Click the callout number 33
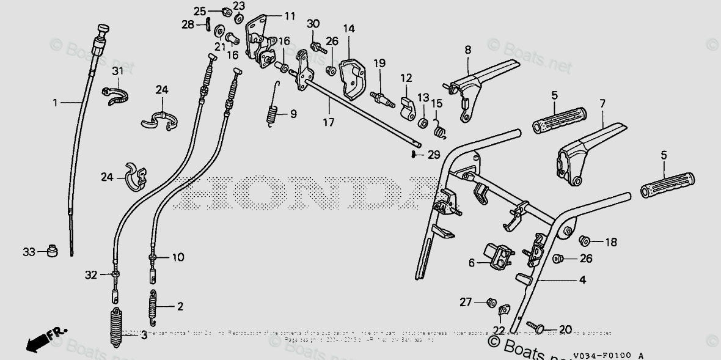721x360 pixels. click(x=28, y=251)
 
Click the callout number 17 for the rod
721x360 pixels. click(x=329, y=122)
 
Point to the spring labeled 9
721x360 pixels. click(x=274, y=114)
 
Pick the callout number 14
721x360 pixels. click(x=348, y=29)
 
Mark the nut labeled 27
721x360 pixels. click(x=490, y=301)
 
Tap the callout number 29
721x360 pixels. click(x=433, y=155)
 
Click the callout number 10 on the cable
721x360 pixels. click(x=178, y=257)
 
